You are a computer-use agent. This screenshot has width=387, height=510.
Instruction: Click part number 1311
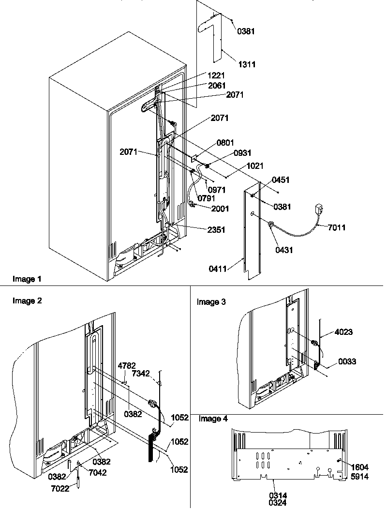click(247, 64)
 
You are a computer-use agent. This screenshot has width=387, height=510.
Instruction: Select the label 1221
click(217, 75)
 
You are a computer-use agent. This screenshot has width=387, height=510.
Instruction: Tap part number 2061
click(217, 85)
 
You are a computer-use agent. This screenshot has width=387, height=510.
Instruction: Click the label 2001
click(220, 209)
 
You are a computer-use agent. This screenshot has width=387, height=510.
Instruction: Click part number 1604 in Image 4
click(360, 467)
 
